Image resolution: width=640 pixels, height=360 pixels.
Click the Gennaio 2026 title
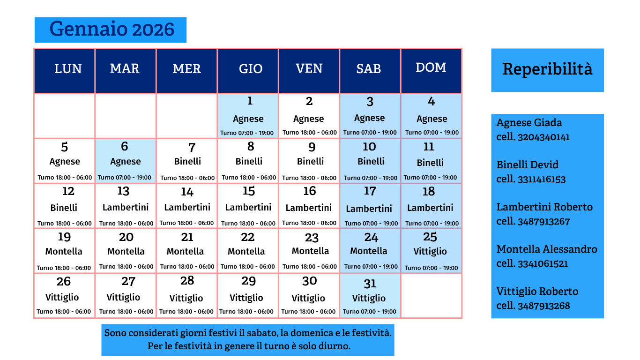click(112, 30)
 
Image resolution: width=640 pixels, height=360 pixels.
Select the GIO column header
click(251, 69)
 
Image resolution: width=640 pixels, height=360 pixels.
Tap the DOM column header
click(431, 67)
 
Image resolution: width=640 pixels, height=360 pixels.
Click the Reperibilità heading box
click(547, 69)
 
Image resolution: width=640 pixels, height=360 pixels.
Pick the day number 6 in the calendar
click(124, 147)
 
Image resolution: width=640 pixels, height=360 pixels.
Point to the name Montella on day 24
click(369, 251)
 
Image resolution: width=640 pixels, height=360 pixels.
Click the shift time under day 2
click(309, 133)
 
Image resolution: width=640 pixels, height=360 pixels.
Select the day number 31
click(370, 284)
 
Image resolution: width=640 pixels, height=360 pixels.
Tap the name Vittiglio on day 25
click(430, 252)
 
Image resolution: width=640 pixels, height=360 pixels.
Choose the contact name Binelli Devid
click(528, 165)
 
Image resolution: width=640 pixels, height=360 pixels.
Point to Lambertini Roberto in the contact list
click(544, 207)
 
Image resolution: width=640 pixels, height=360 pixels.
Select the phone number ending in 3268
click(543, 306)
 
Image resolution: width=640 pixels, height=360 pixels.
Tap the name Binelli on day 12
click(64, 208)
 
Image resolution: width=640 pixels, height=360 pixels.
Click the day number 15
click(249, 191)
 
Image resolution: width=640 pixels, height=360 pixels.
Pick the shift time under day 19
click(64, 268)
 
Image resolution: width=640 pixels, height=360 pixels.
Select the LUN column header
click(68, 69)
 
